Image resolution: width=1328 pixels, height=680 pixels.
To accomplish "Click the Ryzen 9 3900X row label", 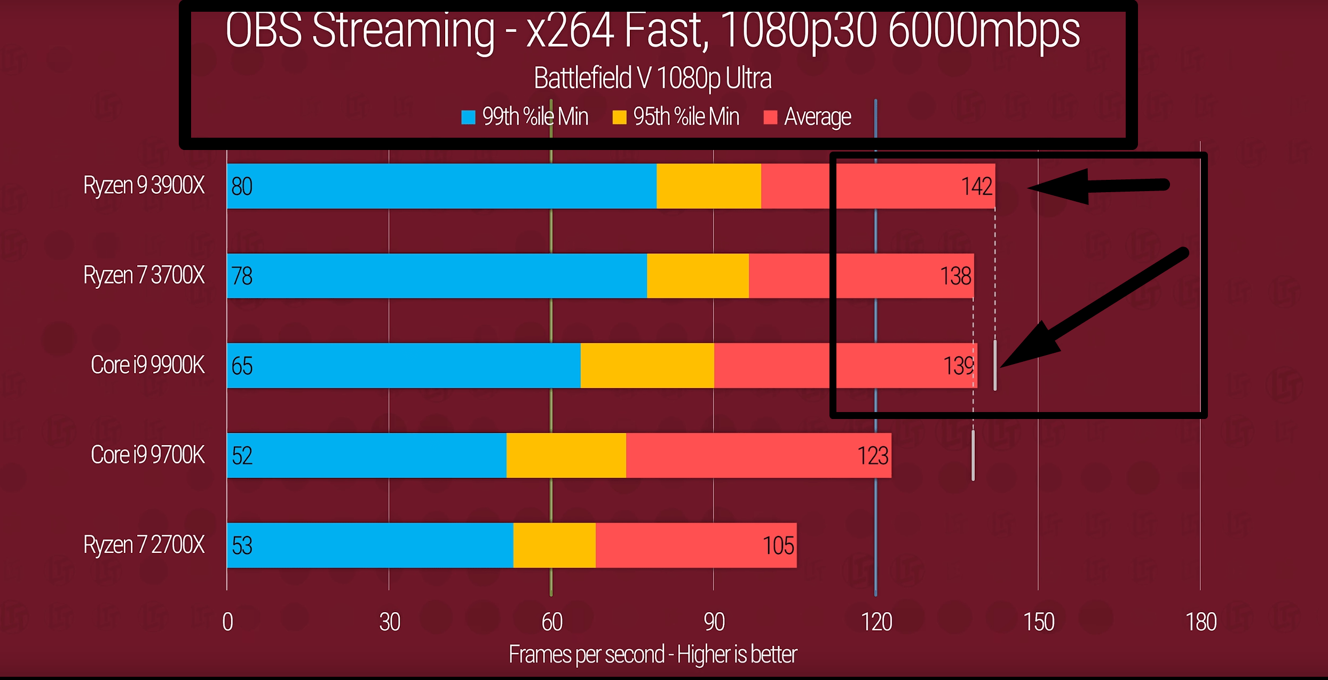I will [144, 186].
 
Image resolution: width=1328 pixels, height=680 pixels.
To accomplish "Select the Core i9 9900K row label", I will [147, 366].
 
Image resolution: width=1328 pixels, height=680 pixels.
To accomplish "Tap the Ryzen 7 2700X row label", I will [144, 545].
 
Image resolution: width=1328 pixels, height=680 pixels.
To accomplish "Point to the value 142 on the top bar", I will [976, 186].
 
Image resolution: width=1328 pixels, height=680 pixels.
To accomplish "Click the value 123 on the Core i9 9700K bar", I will [873, 456].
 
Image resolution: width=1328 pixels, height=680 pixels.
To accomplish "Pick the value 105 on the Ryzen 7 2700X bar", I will [778, 545].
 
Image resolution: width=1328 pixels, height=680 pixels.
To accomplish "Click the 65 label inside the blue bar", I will [242, 366].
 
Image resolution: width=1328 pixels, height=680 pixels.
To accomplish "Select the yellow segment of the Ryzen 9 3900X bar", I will [708, 186].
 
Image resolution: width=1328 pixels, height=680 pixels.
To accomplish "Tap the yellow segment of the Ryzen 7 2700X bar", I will [554, 545].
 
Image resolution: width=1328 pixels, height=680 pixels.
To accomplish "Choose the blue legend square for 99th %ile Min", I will [468, 117].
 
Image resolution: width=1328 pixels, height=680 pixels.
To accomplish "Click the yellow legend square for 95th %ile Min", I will [619, 117].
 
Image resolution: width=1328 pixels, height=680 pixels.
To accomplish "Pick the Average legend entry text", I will [817, 117].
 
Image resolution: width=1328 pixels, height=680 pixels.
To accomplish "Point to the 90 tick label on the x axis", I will [714, 622].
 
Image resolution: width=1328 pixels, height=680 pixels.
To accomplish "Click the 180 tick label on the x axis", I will [1200, 622].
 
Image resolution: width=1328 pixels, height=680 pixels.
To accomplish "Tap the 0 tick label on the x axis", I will [227, 622].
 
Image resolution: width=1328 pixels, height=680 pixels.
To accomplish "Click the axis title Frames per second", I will [652, 654].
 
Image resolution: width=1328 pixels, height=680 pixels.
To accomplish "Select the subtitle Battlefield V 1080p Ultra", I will [652, 78].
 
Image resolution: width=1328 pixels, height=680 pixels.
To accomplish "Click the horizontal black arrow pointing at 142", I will [1100, 186].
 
